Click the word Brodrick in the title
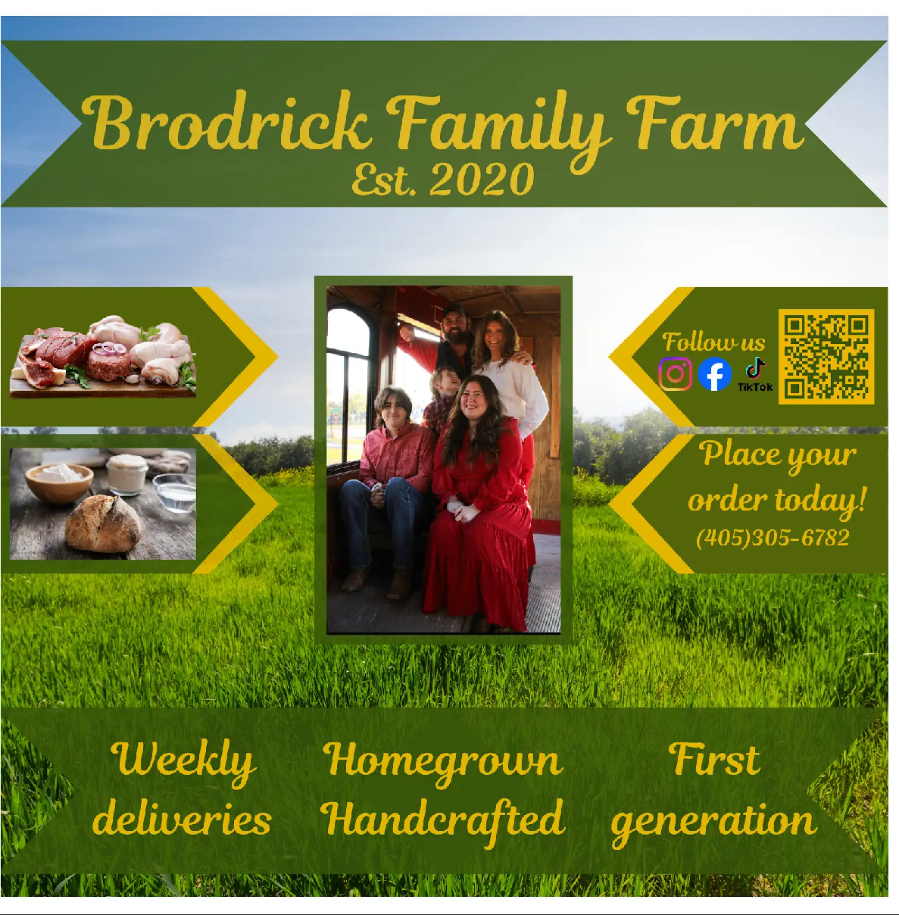coord(227,123)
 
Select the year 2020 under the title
coord(482,180)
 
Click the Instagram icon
coord(675,373)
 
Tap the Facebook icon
coord(714,373)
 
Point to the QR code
coord(826,356)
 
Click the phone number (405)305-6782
coord(773,538)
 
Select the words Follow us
coord(713,342)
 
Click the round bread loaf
coord(103,523)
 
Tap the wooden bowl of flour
coord(59,480)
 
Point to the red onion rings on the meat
coord(110,349)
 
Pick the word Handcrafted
coord(443,820)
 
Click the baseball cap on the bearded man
coord(454,311)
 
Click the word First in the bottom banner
coord(714,760)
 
